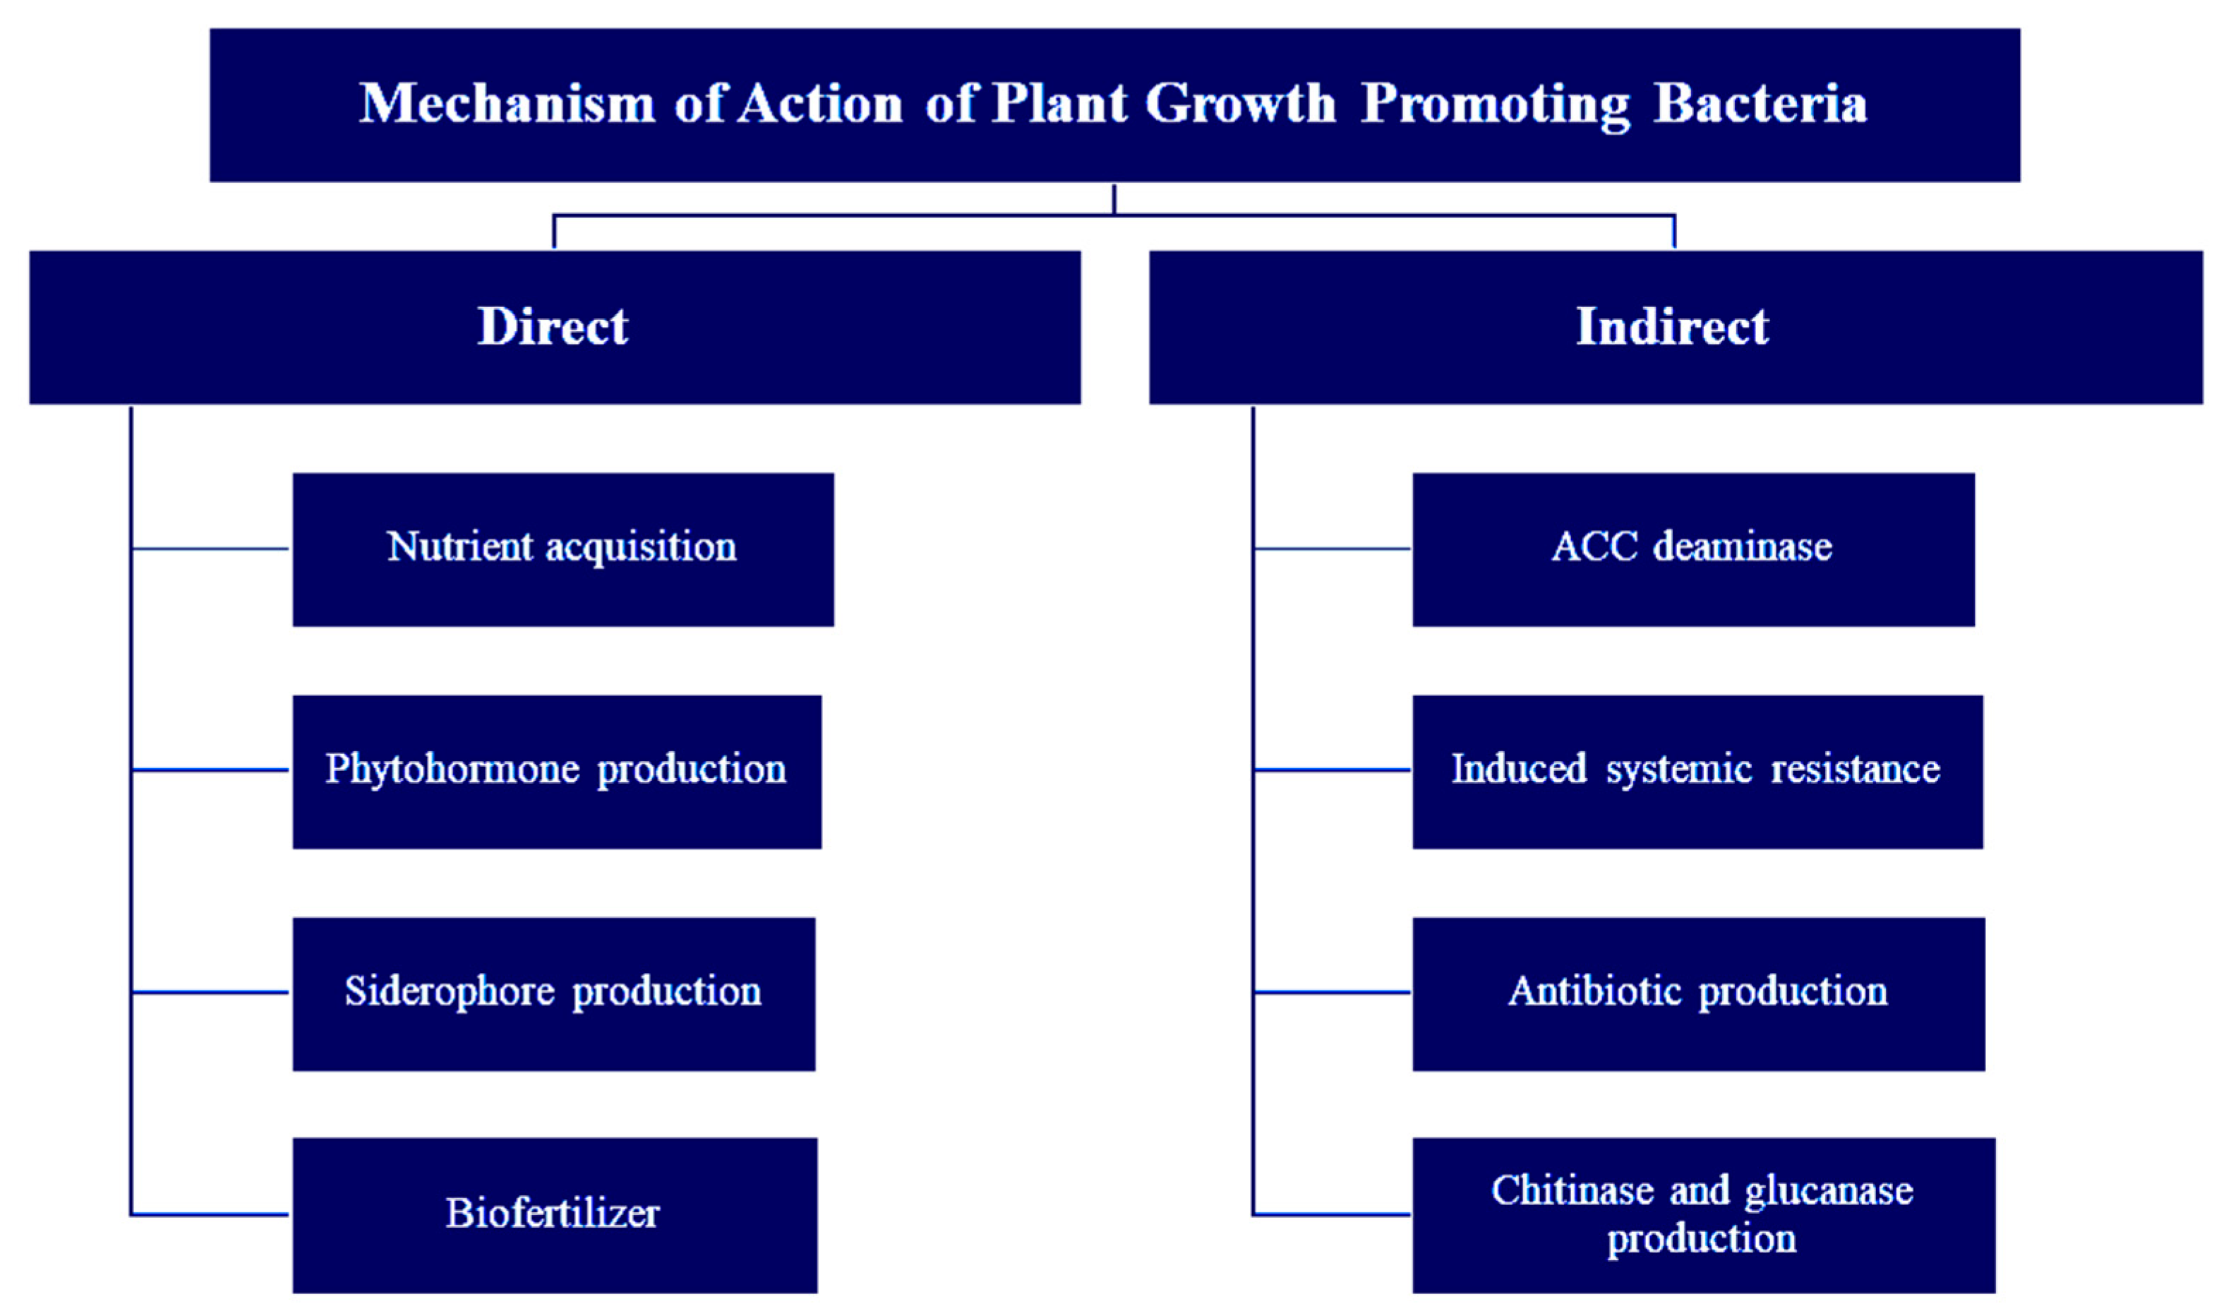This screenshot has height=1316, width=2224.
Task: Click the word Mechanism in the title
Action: tap(506, 104)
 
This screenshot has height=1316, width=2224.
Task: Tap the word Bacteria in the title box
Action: tap(1760, 104)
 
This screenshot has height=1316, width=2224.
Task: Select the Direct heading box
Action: tap(554, 327)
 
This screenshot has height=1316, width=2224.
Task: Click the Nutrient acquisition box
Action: tap(563, 549)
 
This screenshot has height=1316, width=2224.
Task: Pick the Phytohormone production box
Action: tap(557, 771)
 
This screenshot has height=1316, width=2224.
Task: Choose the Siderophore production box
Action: tap(553, 993)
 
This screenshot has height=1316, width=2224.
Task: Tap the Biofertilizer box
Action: tap(554, 1215)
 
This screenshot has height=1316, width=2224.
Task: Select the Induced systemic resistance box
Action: tap(1697, 771)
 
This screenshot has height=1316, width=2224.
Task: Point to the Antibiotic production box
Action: tap(1697, 993)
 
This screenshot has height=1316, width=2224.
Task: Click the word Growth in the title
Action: tap(1240, 104)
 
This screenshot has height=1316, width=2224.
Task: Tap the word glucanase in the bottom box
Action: tap(1828, 1192)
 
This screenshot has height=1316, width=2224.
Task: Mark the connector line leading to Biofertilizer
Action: tap(211, 1214)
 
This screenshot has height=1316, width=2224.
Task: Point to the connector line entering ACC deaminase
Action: tap(1331, 549)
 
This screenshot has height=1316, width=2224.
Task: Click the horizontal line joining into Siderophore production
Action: tap(211, 993)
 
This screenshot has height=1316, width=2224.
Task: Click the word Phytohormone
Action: tap(452, 770)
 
